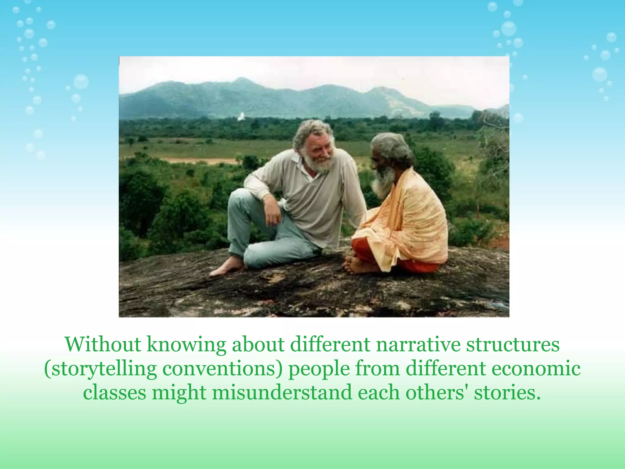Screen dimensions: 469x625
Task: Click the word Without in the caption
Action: click(x=103, y=344)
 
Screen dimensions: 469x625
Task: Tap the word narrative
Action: click(x=418, y=344)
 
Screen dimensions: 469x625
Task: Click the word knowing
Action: click(x=186, y=344)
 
